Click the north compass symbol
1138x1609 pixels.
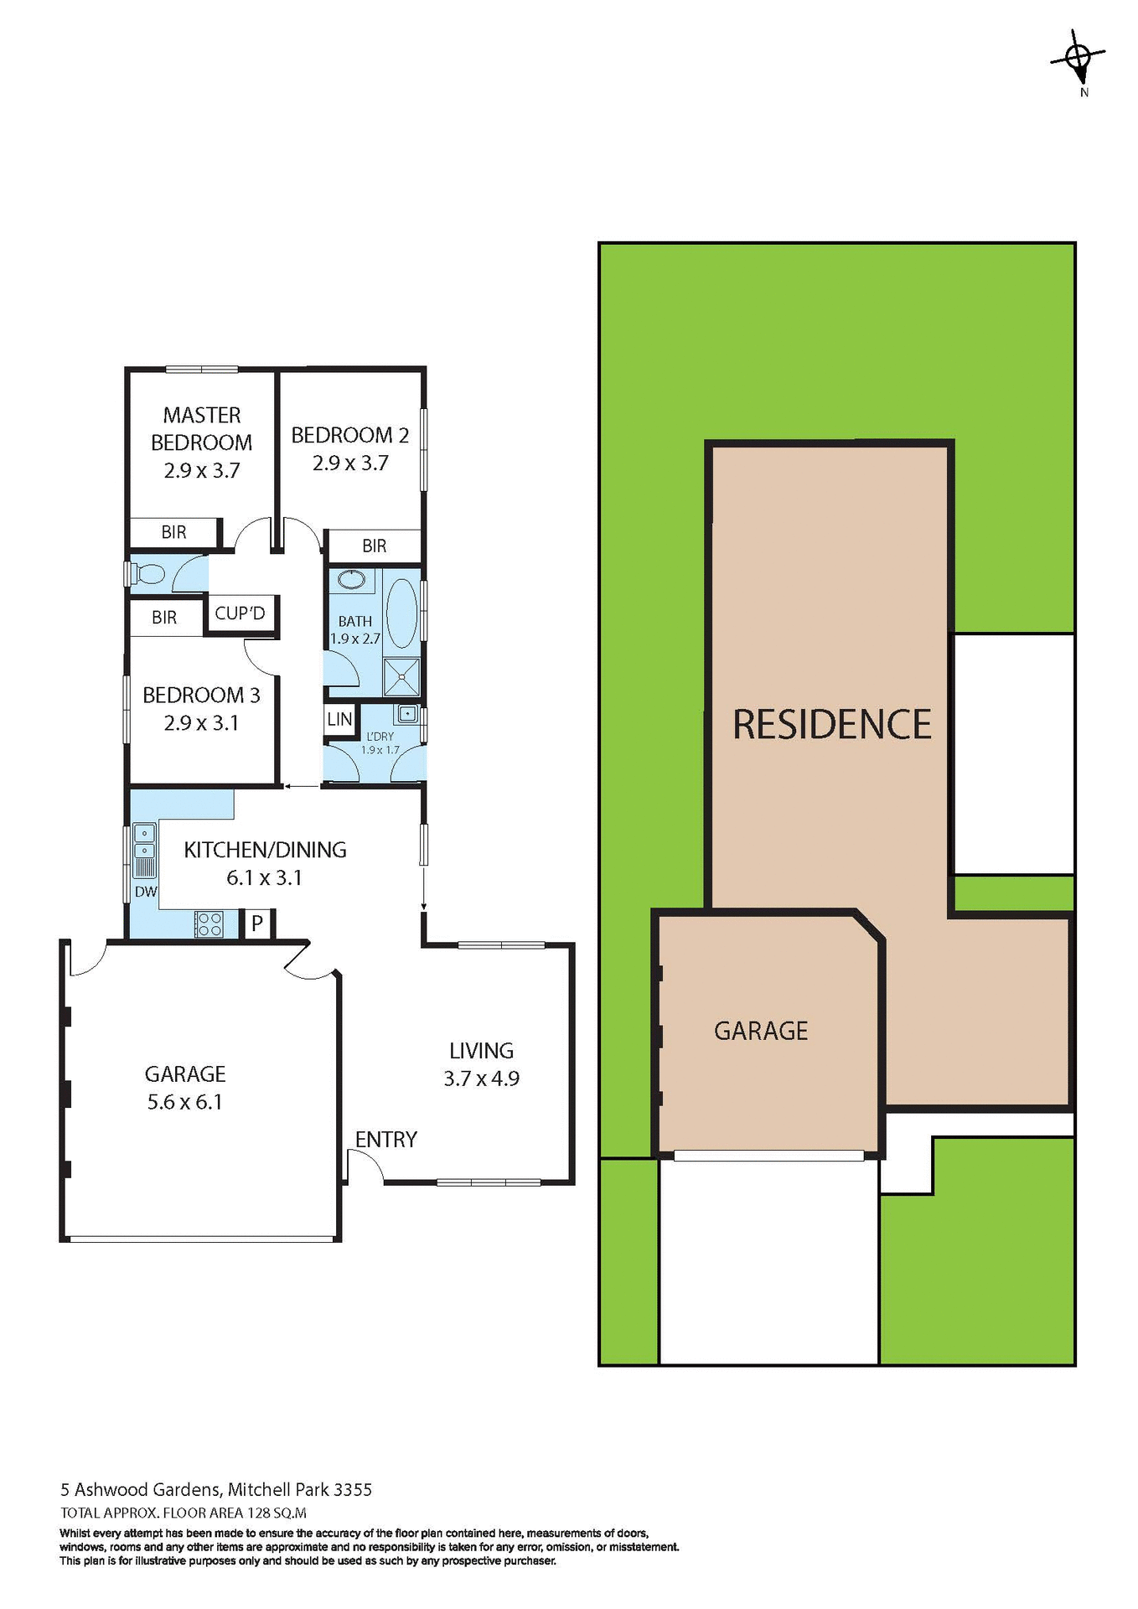point(1078,59)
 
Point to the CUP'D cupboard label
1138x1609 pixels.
point(240,613)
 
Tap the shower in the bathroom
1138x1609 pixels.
point(401,677)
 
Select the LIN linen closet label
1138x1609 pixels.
point(339,719)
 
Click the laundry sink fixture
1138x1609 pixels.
point(406,714)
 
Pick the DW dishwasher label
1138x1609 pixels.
point(146,892)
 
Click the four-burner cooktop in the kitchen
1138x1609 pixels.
point(209,924)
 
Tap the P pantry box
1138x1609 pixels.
point(257,923)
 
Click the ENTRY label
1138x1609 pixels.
point(385,1139)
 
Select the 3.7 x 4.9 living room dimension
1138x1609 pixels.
point(481,1079)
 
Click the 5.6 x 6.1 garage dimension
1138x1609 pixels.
point(185,1102)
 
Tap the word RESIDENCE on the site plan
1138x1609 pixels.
point(831,725)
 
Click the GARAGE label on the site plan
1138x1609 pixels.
point(761,1031)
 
